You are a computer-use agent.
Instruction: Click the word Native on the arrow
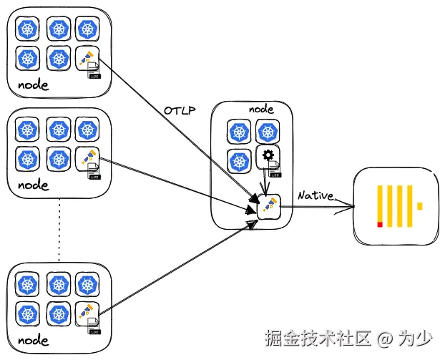pyautogui.click(x=316, y=195)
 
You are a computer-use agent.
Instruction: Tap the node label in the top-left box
pyautogui.click(x=34, y=85)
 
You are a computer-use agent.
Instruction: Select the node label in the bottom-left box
pyautogui.click(x=34, y=339)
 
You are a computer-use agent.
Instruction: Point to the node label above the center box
pyautogui.click(x=261, y=109)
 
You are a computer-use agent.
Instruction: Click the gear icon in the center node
pyautogui.click(x=268, y=155)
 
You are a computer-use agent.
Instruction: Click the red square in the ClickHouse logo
pyautogui.click(x=380, y=225)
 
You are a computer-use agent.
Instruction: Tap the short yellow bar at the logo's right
pyautogui.click(x=420, y=206)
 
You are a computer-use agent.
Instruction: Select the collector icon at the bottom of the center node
pyautogui.click(x=268, y=206)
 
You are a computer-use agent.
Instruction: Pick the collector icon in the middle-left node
pyautogui.click(x=87, y=157)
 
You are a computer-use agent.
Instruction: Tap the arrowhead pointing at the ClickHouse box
pyautogui.click(x=351, y=207)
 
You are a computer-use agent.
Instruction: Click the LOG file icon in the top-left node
pyautogui.click(x=94, y=71)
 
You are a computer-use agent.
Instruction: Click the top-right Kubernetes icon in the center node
pyautogui.click(x=268, y=131)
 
